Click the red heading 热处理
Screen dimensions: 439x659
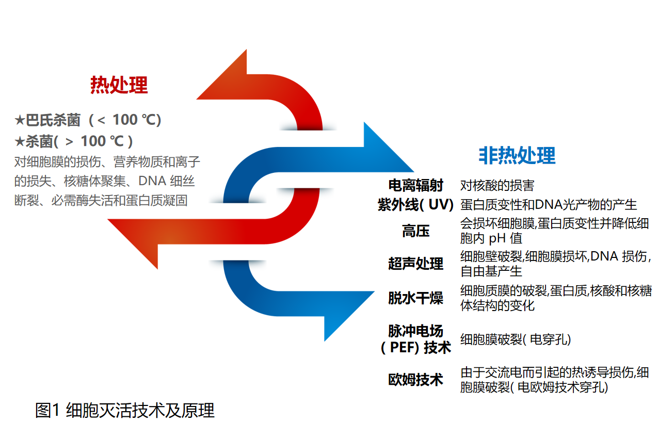119,85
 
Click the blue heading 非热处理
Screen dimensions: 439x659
517,155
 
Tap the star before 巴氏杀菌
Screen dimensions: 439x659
20,120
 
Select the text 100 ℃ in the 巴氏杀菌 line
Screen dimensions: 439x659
132,120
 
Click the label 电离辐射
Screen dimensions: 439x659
415,185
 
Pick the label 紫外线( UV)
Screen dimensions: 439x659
415,204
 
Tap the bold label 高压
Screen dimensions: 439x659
415,231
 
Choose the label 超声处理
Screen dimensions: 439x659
415,263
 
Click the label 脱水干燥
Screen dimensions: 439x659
415,298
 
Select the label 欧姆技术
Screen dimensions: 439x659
415,380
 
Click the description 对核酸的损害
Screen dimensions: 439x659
497,185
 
